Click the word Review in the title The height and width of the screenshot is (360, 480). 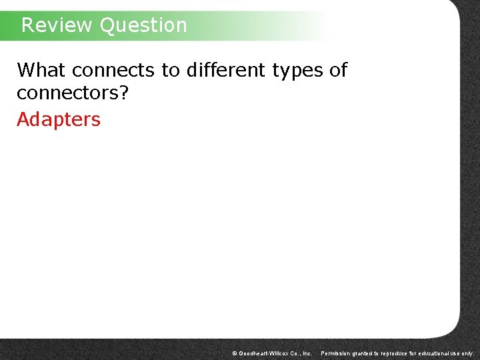[x=57, y=25]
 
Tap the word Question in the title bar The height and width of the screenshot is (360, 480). [x=143, y=25]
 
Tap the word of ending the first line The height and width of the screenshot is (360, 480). [x=338, y=70]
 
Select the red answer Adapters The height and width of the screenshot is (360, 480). [x=59, y=120]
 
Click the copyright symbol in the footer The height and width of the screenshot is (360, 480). [x=234, y=353]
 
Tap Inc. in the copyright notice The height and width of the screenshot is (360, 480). [x=307, y=353]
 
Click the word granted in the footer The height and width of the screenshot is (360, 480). [x=368, y=353]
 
